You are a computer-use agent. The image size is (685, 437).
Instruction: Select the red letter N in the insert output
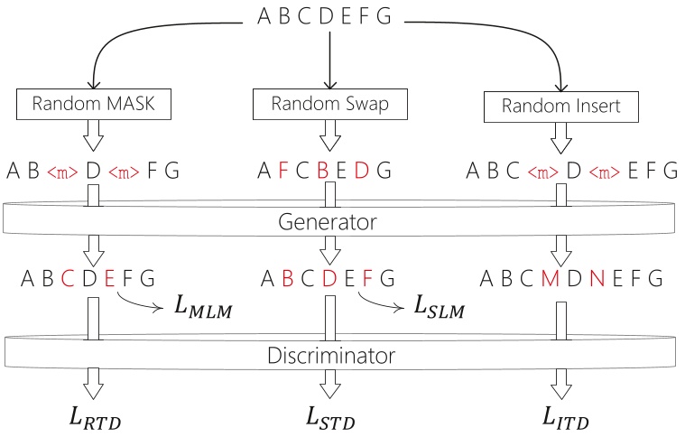[597, 276]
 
